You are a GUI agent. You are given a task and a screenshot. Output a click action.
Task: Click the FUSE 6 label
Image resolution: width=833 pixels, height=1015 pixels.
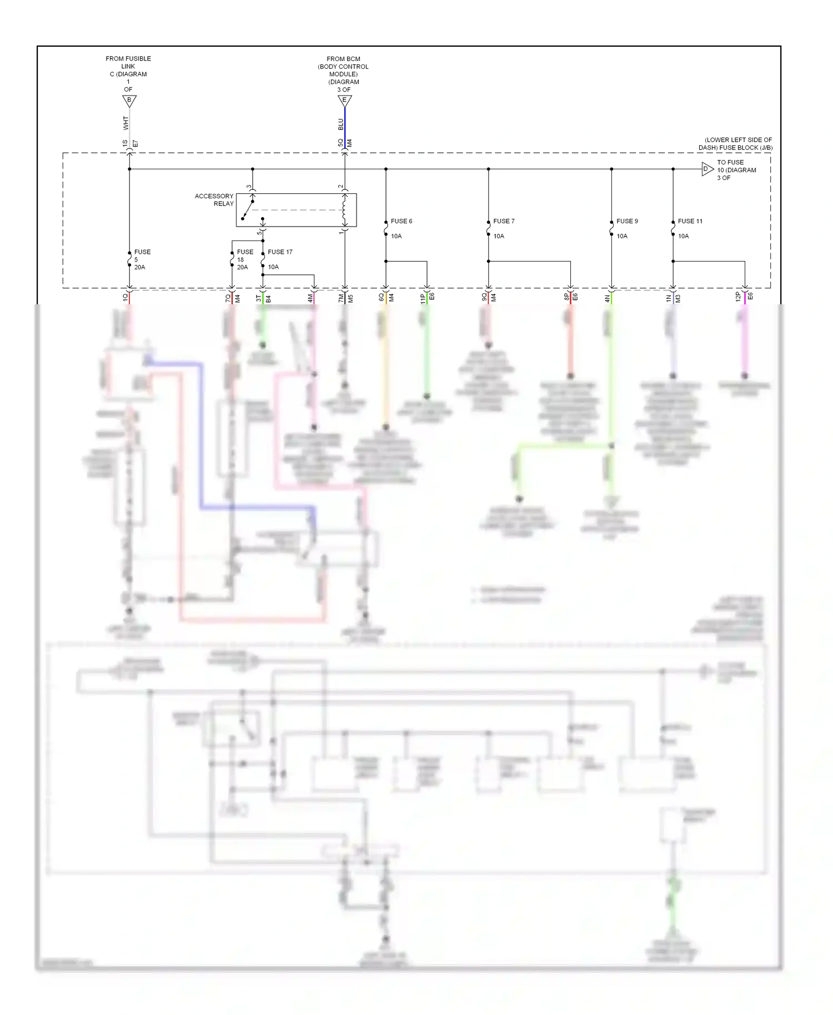[x=401, y=221]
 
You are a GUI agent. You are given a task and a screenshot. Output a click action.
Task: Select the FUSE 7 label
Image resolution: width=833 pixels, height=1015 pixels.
[x=504, y=221]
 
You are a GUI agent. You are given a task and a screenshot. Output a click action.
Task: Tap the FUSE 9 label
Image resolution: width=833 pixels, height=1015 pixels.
[x=627, y=221]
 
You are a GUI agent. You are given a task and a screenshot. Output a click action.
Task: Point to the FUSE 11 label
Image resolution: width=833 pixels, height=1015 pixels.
[x=690, y=221]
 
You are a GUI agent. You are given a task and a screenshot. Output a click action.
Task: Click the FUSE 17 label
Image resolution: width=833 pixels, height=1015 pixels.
[x=280, y=252]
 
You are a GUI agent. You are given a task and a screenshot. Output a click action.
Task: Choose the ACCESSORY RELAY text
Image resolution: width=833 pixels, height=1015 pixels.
[x=214, y=200]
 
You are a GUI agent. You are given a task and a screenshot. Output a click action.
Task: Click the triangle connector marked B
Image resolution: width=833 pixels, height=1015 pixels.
[x=129, y=101]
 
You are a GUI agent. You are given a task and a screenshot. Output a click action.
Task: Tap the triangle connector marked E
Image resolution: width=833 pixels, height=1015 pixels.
[x=344, y=101]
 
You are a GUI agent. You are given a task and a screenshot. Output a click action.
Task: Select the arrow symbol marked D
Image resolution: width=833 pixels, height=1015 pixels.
[x=706, y=169]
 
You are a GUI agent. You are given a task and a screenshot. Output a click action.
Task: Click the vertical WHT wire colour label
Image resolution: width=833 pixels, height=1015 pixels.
[x=126, y=123]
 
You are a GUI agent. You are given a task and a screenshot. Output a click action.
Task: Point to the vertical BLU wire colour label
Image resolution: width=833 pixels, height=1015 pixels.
[x=341, y=124]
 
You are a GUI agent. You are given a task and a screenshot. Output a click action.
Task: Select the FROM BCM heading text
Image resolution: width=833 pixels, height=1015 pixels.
[x=343, y=59]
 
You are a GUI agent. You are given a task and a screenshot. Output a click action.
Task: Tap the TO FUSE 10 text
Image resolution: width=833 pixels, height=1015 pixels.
[x=736, y=170]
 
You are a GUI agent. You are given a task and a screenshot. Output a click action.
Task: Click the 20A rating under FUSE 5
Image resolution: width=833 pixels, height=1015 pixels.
[x=139, y=267]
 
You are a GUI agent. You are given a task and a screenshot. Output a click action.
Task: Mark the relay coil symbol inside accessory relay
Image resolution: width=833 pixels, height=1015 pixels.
[x=344, y=209]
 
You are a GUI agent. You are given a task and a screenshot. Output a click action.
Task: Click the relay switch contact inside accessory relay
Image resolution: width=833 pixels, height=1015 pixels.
[x=247, y=210]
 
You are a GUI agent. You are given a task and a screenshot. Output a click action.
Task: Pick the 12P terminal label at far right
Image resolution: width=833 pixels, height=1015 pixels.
[x=738, y=297]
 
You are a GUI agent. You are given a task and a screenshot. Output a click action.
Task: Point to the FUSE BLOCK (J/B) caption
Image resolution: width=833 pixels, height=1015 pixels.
[x=735, y=144]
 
